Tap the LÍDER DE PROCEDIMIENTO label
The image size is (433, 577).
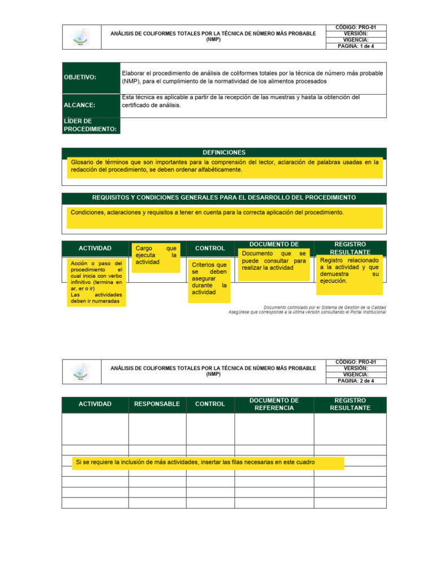pyautogui.click(x=91, y=125)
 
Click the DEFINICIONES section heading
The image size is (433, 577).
pyautogui.click(x=224, y=152)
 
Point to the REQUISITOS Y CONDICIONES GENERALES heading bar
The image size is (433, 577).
pyautogui.click(x=224, y=198)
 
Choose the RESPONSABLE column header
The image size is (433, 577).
pyautogui.click(x=157, y=404)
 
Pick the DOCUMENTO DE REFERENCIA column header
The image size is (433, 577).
pyautogui.click(x=274, y=404)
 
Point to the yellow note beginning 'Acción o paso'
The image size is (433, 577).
pyautogui.click(x=96, y=282)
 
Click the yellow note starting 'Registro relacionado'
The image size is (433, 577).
pyautogui.click(x=350, y=274)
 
